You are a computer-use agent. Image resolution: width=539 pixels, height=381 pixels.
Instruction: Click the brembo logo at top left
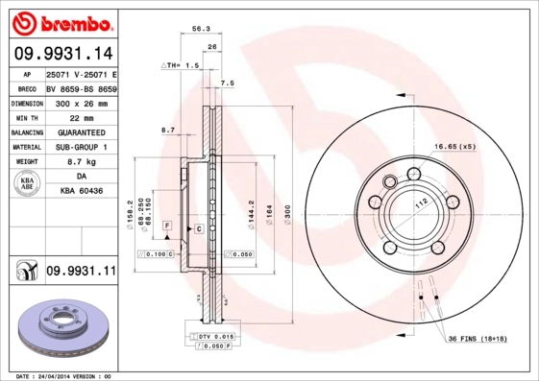click(61, 21)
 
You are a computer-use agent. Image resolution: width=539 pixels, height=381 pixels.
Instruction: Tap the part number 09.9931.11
click(80, 273)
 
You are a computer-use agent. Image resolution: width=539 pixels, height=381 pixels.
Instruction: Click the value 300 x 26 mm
click(81, 102)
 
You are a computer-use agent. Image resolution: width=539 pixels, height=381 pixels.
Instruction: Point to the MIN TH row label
click(25, 117)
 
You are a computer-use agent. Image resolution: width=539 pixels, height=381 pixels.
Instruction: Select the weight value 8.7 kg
click(81, 163)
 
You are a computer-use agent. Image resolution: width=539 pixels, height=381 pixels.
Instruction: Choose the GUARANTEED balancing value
click(81, 132)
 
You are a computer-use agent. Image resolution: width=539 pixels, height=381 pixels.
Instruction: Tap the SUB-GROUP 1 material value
click(81, 148)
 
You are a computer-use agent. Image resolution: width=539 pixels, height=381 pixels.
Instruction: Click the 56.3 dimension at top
click(202, 30)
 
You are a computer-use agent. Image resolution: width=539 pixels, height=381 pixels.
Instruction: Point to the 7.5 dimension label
click(228, 83)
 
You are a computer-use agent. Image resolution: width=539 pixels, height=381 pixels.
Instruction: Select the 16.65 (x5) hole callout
click(454, 146)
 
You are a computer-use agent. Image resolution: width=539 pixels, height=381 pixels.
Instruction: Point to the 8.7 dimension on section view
click(169, 129)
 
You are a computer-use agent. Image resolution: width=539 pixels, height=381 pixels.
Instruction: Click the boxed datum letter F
click(167, 225)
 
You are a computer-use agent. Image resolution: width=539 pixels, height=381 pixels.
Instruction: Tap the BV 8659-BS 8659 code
click(81, 86)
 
